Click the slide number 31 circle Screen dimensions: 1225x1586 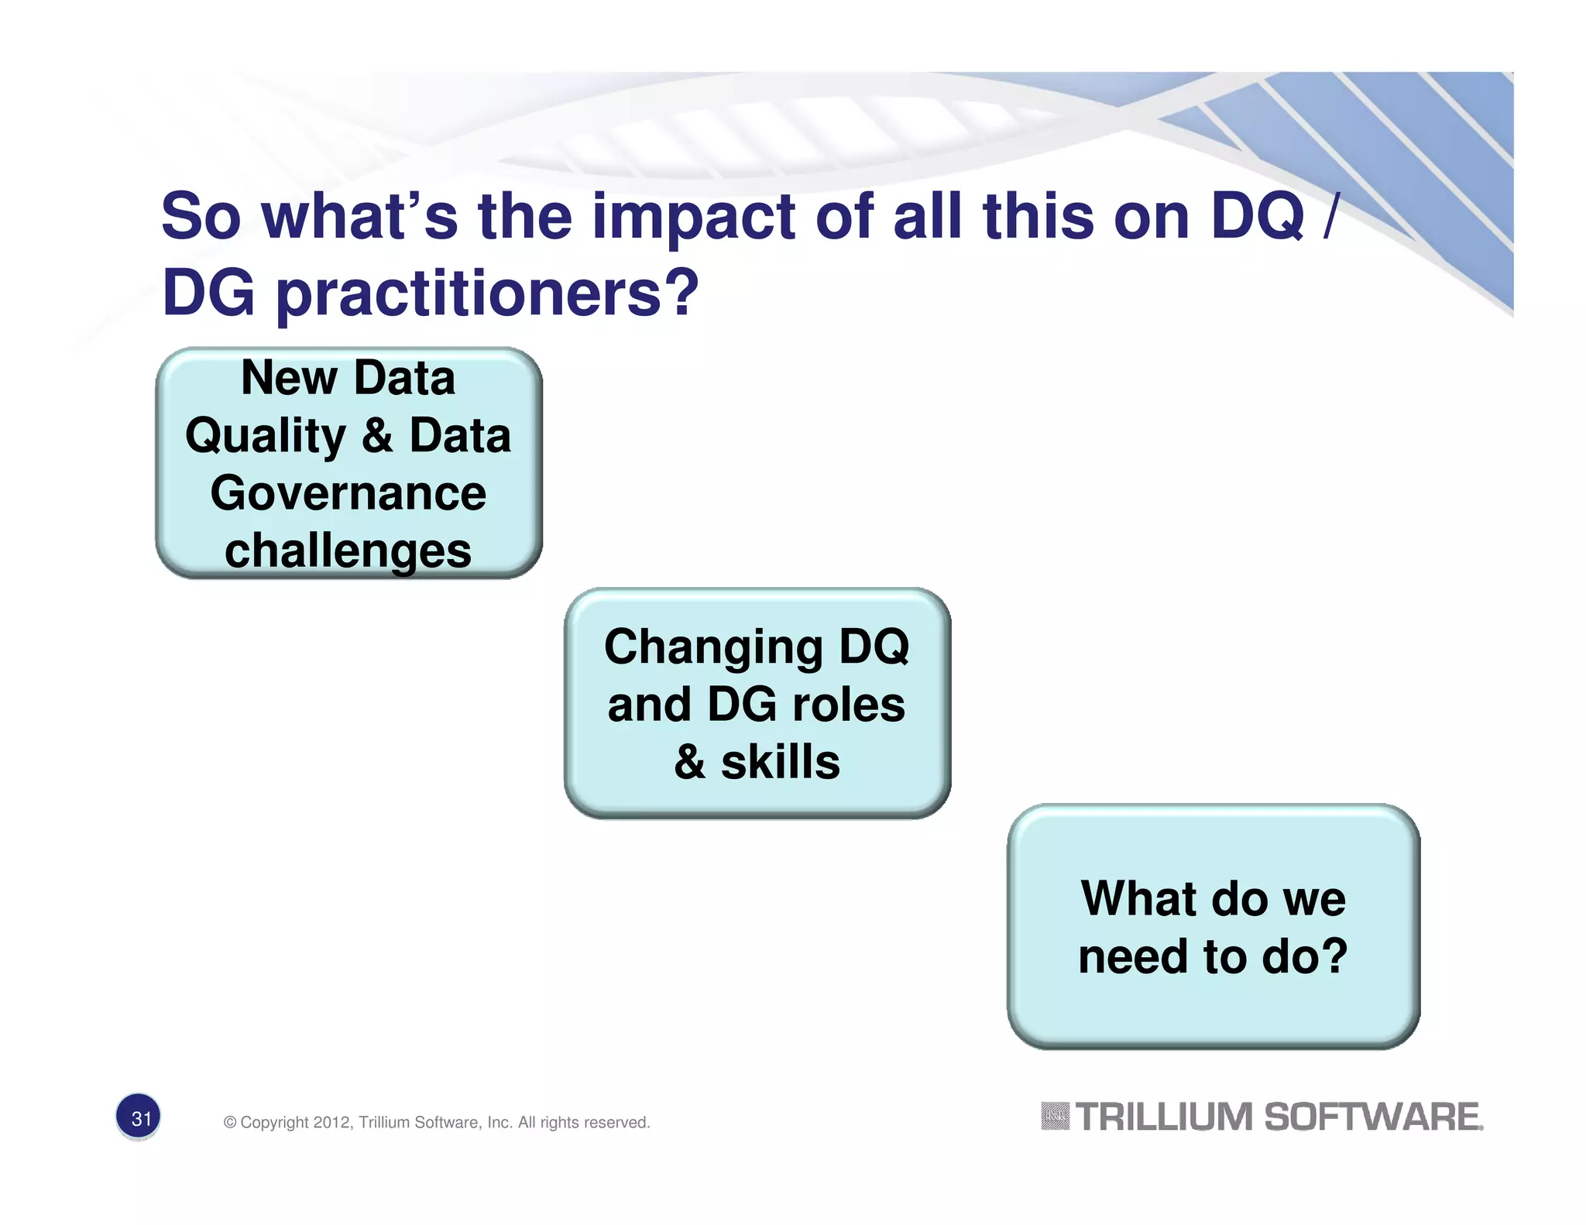(x=139, y=1117)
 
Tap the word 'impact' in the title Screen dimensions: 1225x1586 (x=693, y=218)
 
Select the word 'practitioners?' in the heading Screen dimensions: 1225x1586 (x=487, y=296)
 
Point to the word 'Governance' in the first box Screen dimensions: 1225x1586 (x=348, y=493)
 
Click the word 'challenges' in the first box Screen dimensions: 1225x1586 (x=348, y=552)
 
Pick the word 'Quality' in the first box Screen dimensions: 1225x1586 (x=266, y=437)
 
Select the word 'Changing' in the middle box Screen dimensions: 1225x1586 (x=712, y=648)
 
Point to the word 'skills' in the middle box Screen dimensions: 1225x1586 (x=780, y=762)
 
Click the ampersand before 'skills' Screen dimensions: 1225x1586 (x=690, y=762)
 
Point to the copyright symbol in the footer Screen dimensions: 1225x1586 (x=230, y=1123)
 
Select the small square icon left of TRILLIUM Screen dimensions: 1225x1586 (x=1055, y=1117)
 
